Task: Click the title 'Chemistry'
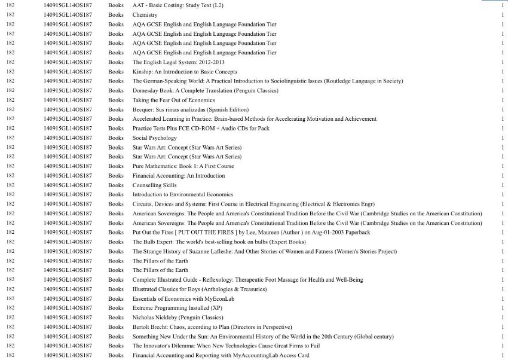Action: point(145,14)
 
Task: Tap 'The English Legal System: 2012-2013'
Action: point(179,62)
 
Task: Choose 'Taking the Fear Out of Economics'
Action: point(173,100)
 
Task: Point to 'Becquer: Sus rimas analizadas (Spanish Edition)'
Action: point(191,109)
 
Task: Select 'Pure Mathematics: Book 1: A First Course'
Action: point(183,166)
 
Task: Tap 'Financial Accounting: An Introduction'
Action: point(179,176)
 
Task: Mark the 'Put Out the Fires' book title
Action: point(251,232)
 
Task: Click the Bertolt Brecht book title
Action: point(212,327)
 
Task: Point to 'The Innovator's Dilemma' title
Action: point(227,346)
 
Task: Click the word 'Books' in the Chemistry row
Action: point(116,14)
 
